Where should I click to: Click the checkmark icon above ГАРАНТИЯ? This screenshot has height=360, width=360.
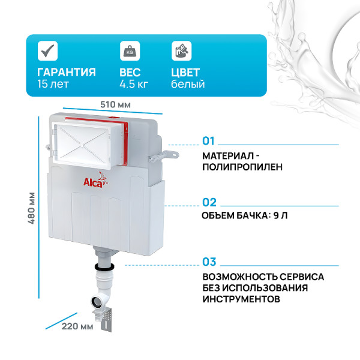[x=46, y=52]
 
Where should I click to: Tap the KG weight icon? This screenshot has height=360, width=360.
[x=128, y=50]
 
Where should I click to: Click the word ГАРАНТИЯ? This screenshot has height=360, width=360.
[x=66, y=72]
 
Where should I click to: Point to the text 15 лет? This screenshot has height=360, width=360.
[x=52, y=84]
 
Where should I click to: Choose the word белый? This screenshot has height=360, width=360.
[x=188, y=84]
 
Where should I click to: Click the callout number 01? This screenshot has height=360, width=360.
[x=208, y=141]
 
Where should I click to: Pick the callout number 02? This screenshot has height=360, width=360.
[x=209, y=202]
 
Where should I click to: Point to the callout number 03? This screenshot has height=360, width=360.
[x=209, y=262]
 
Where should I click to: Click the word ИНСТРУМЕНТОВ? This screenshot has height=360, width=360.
[x=241, y=298]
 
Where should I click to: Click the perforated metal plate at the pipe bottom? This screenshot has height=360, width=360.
[x=107, y=317]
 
